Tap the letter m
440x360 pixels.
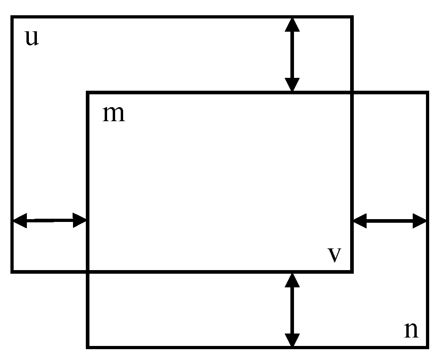[x=114, y=114]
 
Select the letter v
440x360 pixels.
[x=334, y=255]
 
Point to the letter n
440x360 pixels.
[x=411, y=330]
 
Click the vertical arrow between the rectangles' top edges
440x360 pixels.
[x=292, y=55]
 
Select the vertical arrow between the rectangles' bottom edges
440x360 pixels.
[x=292, y=309]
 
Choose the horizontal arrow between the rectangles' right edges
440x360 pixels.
[x=389, y=220]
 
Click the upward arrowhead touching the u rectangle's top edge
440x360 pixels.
[x=292, y=25]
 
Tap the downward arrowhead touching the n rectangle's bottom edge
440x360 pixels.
[x=292, y=340]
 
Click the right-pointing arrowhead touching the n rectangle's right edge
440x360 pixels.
[x=420, y=220]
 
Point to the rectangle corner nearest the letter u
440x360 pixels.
[x=12, y=17]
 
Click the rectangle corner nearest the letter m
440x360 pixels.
[x=87, y=93]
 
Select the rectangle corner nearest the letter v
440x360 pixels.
[x=352, y=272]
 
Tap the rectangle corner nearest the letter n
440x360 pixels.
[x=427, y=346]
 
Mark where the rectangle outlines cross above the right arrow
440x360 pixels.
[x=352, y=93]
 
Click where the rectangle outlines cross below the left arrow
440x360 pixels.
[x=87, y=272]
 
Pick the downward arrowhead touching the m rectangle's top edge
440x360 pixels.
[x=292, y=85]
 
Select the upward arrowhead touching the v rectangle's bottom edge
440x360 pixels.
[x=292, y=280]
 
